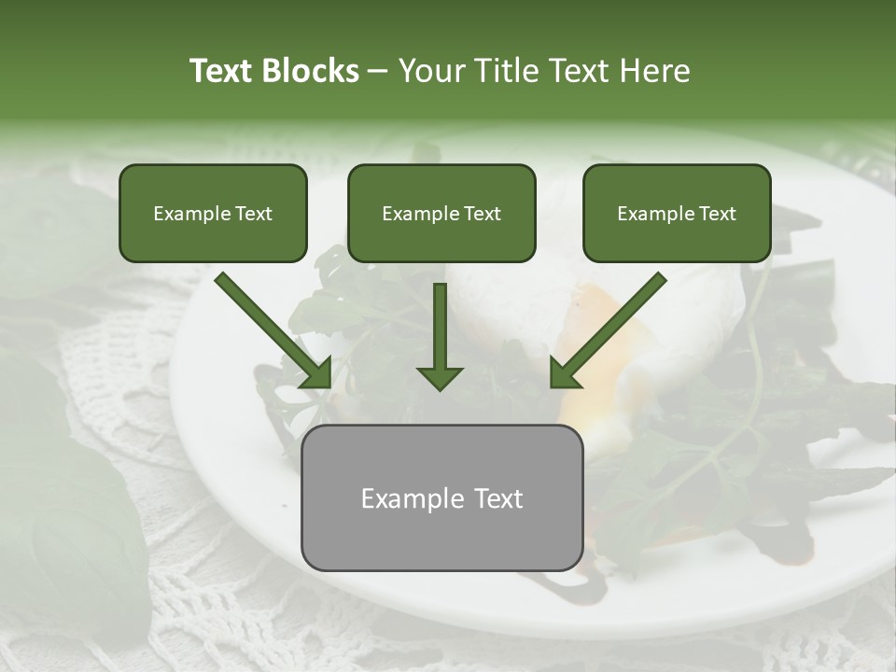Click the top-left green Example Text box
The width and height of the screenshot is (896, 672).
tap(213, 213)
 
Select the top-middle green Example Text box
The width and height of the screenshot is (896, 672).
tap(441, 213)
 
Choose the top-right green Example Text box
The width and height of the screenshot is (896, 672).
tap(677, 213)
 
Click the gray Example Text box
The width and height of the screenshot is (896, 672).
tap(441, 497)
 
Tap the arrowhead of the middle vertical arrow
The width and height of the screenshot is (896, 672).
tap(440, 377)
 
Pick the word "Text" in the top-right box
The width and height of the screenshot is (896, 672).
tap(716, 214)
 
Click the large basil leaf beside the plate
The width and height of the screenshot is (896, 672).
tap(56, 485)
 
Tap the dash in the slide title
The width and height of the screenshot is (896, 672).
tap(379, 72)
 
